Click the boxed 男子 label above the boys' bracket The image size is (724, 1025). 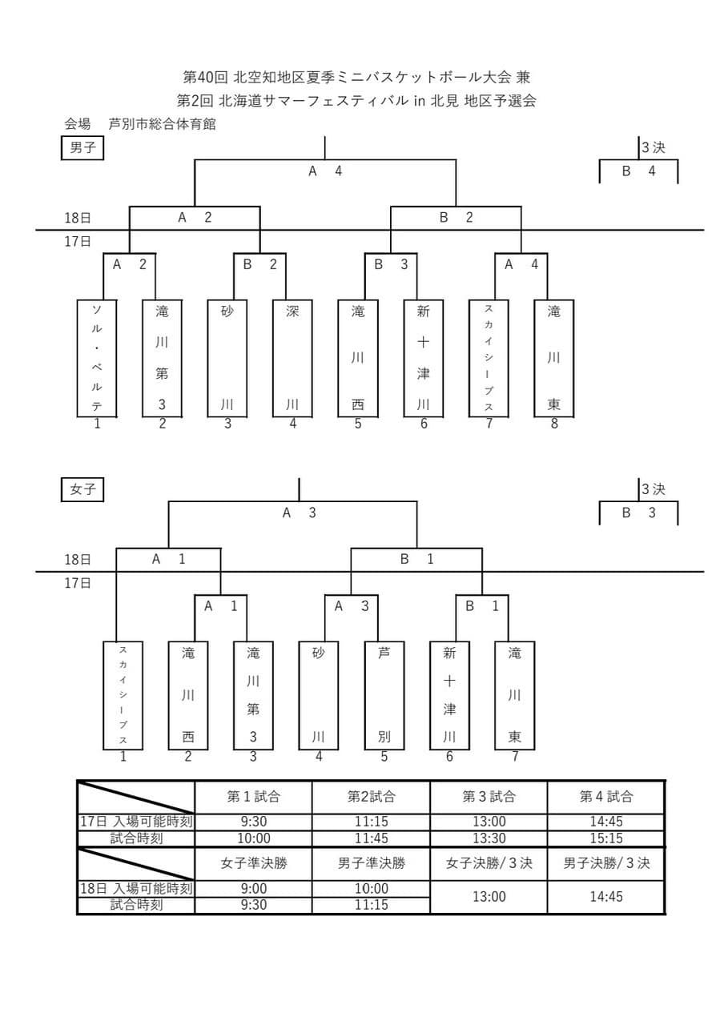[82, 148]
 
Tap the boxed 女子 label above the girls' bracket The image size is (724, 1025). [82, 489]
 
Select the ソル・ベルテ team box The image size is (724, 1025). [97, 358]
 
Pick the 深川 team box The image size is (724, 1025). [292, 358]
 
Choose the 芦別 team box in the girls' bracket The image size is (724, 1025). [384, 695]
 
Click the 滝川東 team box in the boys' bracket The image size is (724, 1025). [553, 358]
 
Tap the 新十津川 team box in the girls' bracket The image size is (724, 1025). [449, 695]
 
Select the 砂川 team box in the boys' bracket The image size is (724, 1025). [227, 358]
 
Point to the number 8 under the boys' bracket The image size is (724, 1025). [553, 424]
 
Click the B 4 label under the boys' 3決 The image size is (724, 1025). [638, 171]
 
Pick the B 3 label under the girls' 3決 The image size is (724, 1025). [638, 512]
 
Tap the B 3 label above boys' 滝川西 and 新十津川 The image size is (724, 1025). [391, 264]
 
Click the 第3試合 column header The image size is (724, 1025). [489, 797]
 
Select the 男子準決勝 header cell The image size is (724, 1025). [371, 863]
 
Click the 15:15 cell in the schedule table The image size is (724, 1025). [605, 838]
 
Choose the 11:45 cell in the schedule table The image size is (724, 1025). [371, 838]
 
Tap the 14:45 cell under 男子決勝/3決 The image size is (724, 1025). [605, 897]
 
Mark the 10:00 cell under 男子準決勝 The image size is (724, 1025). [371, 888]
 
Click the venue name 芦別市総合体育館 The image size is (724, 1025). [162, 124]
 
